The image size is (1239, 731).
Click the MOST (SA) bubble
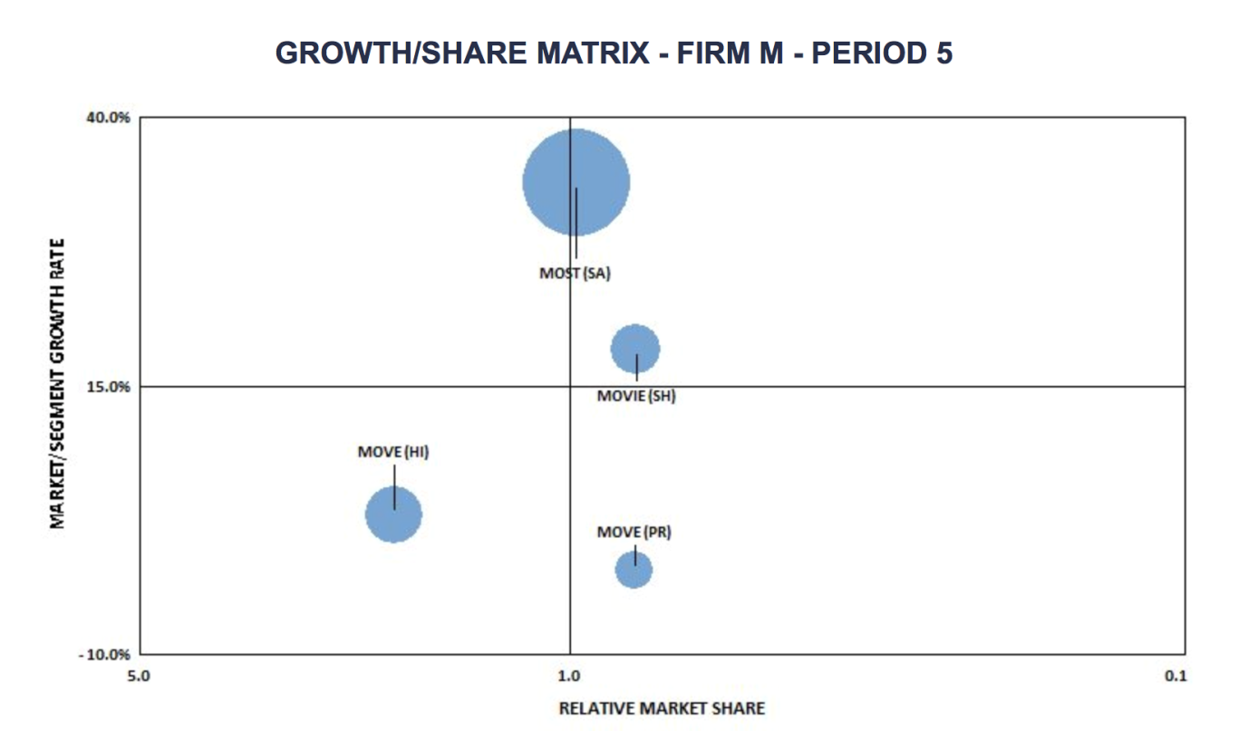[x=576, y=182]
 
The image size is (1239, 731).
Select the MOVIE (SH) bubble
[x=634, y=349]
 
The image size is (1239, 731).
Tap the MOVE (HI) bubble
[x=393, y=515]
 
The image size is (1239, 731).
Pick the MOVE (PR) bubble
[x=634, y=570]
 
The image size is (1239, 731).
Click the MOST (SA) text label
[x=576, y=273]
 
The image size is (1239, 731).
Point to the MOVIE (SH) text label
[x=636, y=396]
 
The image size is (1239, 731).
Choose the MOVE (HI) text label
[x=393, y=452]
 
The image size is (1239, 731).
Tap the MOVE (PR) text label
[x=634, y=532]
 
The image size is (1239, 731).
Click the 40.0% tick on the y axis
[x=108, y=117]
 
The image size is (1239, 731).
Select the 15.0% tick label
[x=108, y=387]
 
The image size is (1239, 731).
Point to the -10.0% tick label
[x=105, y=655]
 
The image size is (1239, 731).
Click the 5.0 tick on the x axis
[x=139, y=675]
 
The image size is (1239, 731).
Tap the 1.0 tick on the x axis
[x=569, y=675]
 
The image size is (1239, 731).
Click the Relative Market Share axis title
[x=662, y=707]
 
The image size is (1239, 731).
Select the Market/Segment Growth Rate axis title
[x=57, y=384]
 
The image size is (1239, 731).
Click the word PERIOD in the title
[x=868, y=53]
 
